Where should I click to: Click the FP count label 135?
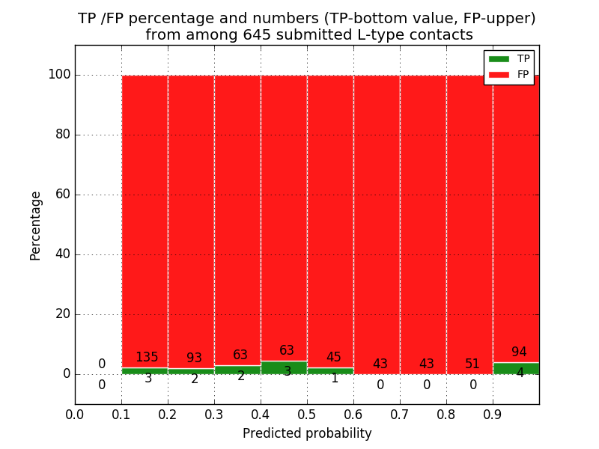pos(147,357)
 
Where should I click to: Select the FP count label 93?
pos(194,358)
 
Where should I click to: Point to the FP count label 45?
pos(334,357)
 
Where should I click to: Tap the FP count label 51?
pos(472,364)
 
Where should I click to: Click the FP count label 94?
pos(519,352)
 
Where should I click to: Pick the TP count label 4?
pos(520,373)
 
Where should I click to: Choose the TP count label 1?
pos(335,378)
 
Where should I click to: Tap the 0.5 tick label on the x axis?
pos(307,414)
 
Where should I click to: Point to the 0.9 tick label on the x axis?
pos(493,414)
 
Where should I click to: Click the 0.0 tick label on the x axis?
pos(75,414)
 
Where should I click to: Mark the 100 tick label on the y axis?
pos(59,74)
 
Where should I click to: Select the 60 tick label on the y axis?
pos(62,194)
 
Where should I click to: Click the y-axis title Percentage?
pos(36,224)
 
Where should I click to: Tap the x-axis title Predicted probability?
pos(307,433)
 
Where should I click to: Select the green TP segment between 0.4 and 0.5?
pos(284,367)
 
